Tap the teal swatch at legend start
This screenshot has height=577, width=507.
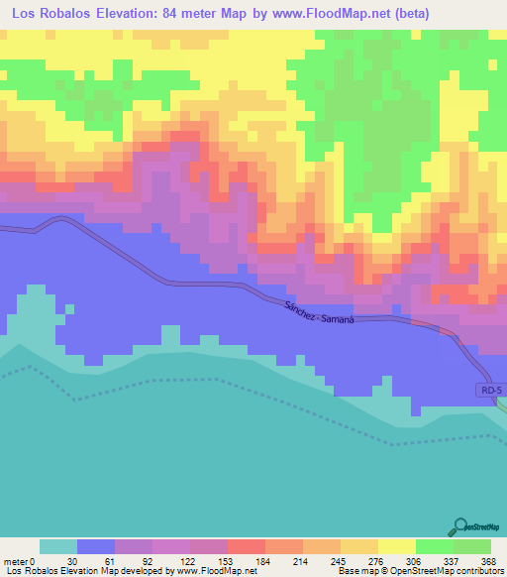(58, 546)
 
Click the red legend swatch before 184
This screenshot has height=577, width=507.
(247, 546)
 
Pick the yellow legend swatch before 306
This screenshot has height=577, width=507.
(397, 546)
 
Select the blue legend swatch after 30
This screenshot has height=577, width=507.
(96, 546)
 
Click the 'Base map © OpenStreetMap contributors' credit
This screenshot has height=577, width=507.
(418, 571)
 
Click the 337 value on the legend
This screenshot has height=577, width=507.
(454, 559)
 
